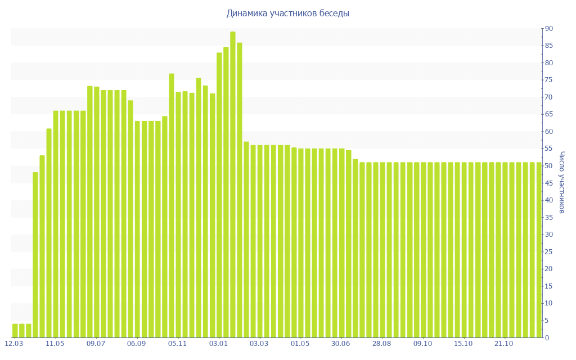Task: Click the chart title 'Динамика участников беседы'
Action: (288, 13)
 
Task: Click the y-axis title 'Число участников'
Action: (561, 182)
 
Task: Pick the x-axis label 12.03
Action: (14, 344)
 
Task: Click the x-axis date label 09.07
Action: (96, 344)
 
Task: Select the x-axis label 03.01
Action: (219, 344)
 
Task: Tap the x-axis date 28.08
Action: (382, 344)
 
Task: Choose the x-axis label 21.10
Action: (504, 344)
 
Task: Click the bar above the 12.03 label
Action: (15, 331)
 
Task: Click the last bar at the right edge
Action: (538, 250)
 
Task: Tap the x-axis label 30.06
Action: (341, 344)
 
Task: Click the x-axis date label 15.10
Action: (463, 344)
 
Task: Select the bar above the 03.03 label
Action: (260, 241)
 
